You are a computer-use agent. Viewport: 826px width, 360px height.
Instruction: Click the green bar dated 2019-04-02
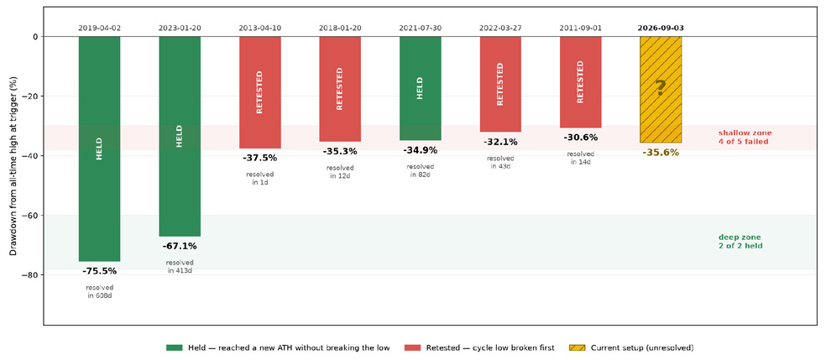click(x=100, y=149)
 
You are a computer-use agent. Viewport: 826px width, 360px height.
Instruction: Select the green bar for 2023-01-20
click(x=180, y=136)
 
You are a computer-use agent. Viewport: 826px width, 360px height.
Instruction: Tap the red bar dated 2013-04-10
click(x=259, y=92)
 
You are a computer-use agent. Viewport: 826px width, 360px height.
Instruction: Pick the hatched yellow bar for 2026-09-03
click(x=661, y=90)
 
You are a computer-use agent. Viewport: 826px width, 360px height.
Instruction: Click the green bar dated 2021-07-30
click(x=421, y=88)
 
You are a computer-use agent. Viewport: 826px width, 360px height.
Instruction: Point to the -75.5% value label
click(x=100, y=272)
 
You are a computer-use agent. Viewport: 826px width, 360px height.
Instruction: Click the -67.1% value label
click(x=180, y=246)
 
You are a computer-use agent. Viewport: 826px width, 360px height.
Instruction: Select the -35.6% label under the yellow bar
click(x=661, y=153)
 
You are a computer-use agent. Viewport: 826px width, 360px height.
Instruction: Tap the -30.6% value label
click(x=581, y=138)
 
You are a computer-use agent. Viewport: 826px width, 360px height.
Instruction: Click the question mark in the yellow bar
click(x=661, y=87)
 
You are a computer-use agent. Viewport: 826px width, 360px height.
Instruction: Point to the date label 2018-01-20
click(x=340, y=28)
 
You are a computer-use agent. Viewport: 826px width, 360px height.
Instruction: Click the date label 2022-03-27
click(x=500, y=28)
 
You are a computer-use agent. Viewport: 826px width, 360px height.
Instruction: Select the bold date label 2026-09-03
click(x=661, y=28)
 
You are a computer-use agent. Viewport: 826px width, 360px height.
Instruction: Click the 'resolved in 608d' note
click(x=100, y=291)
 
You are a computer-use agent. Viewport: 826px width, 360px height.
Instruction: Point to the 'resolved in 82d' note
click(x=421, y=170)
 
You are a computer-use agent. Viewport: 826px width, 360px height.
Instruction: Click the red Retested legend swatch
click(x=414, y=348)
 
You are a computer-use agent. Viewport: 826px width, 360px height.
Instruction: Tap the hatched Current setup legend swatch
click(x=578, y=348)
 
